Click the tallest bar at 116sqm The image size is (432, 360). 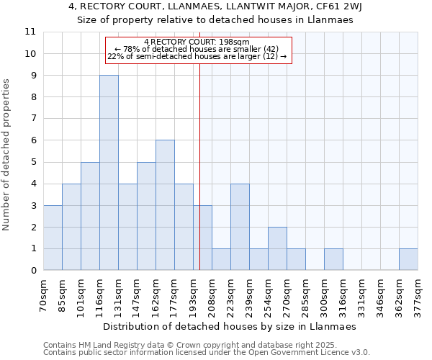pyautogui.click(x=109, y=173)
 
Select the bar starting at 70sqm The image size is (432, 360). pyautogui.click(x=53, y=238)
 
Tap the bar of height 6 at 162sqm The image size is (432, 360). pyautogui.click(x=165, y=205)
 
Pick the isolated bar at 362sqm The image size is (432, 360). pyautogui.click(x=408, y=259)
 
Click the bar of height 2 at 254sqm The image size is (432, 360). pyautogui.click(x=277, y=248)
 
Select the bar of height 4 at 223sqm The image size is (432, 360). pyautogui.click(x=240, y=227)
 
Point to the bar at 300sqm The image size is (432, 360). pyautogui.click(x=333, y=259)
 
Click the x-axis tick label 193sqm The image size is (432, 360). pyautogui.click(x=184, y=293)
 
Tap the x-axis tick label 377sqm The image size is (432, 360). pyautogui.click(x=418, y=293)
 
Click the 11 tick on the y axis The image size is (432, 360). pyautogui.click(x=30, y=32)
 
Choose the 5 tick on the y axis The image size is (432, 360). pyautogui.click(x=33, y=162)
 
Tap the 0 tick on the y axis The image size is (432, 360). pyautogui.click(x=33, y=271)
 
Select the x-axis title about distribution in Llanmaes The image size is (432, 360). pyautogui.click(x=230, y=326)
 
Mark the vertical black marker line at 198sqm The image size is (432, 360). pyautogui.click(x=199, y=180)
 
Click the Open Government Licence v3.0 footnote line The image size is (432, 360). pyautogui.click(x=207, y=353)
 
